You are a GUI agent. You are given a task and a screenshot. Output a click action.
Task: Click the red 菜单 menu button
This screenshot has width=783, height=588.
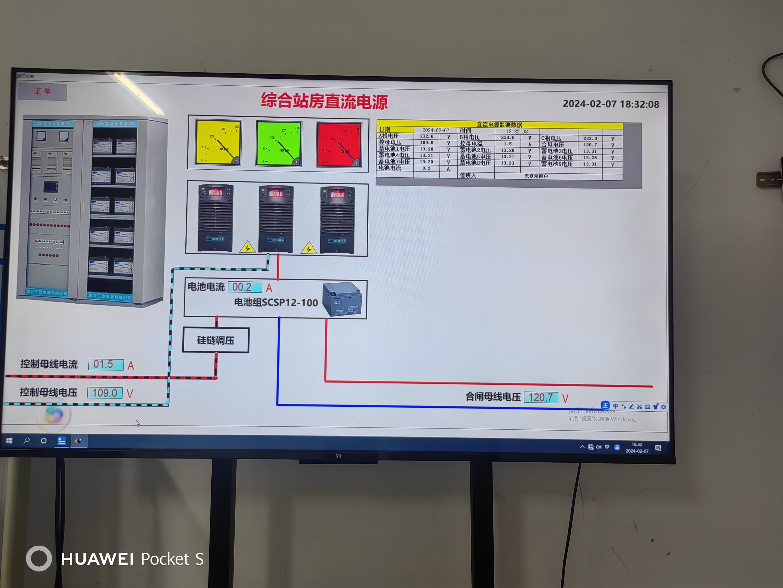coord(42,92)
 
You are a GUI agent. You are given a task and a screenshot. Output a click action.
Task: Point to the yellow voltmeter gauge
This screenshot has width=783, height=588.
coord(218,143)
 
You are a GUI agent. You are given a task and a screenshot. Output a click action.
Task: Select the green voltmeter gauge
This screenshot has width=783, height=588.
coord(279,144)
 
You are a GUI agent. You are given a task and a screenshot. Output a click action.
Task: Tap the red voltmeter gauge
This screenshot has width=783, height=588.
coord(339,145)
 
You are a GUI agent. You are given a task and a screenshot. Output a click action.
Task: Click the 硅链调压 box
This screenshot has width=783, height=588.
coord(216,340)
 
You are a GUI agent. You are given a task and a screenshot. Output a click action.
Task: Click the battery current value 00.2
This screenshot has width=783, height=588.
coord(245,287)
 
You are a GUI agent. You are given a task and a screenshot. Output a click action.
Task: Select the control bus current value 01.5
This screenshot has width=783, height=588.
coord(106,364)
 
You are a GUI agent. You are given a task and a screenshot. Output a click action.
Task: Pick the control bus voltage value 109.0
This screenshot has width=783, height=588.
coord(105,393)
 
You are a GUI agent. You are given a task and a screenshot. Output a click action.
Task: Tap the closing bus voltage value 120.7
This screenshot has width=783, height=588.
coord(540,397)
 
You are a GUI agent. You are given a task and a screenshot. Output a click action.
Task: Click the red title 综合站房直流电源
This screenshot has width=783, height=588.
coord(324,101)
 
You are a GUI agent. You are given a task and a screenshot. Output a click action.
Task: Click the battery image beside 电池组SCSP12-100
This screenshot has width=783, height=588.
coord(342,299)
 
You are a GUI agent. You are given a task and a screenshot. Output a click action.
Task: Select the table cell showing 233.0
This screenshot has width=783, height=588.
coord(508,138)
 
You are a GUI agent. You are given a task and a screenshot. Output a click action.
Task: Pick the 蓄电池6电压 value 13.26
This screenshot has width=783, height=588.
coord(590,158)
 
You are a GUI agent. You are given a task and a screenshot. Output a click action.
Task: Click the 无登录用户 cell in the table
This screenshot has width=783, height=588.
coord(536,176)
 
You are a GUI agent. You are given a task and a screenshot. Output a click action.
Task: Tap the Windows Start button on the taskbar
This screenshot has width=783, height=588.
coord(9,441)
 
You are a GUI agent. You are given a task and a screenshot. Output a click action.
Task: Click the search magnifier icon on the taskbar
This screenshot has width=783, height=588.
coord(27,441)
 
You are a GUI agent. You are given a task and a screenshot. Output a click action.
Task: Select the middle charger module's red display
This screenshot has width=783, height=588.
coord(276,194)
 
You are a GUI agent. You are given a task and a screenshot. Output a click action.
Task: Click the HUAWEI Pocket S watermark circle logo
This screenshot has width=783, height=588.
coord(39,559)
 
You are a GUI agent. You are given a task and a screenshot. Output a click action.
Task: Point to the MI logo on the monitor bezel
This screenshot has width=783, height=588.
coord(338,456)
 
